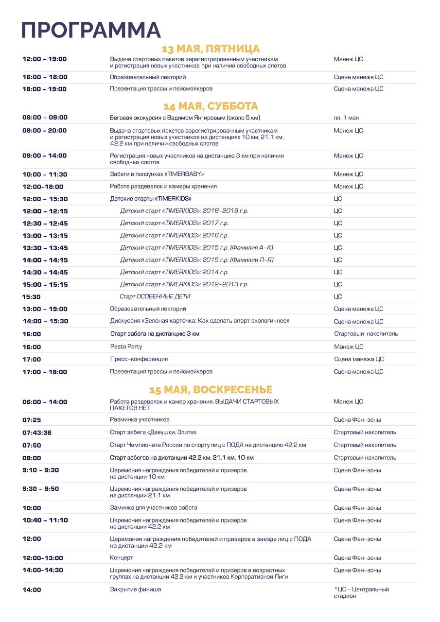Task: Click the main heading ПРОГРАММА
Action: click(x=91, y=30)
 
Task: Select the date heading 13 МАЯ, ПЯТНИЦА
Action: click(x=211, y=49)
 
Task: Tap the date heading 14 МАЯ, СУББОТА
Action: click(x=211, y=106)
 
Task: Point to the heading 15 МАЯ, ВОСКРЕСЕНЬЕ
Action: click(x=211, y=390)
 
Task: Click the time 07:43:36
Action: click(x=37, y=432)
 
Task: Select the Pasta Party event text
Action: click(x=126, y=346)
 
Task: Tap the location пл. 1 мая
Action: click(x=346, y=118)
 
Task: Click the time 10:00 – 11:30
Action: click(x=45, y=174)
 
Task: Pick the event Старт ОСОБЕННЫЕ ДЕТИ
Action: click(x=155, y=296)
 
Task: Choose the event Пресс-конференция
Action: click(x=139, y=359)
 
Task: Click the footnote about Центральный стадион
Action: click(x=362, y=592)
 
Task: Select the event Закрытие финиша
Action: click(x=136, y=589)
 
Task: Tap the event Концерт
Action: click(x=122, y=558)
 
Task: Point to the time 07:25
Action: click(x=32, y=420)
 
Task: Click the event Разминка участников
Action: click(x=140, y=419)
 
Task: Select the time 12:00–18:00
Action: click(x=43, y=187)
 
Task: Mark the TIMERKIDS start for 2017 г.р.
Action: click(x=174, y=223)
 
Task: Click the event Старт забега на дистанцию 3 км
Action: click(x=155, y=334)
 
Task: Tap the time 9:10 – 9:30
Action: click(x=41, y=470)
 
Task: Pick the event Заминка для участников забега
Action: click(x=154, y=508)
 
